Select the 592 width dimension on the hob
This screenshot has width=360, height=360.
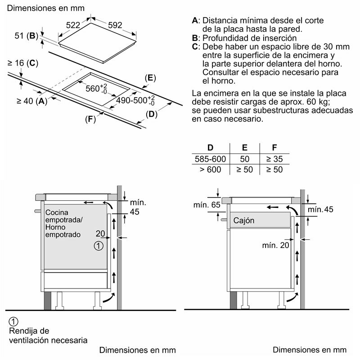click(x=115, y=25)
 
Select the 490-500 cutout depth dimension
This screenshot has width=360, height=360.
click(x=135, y=100)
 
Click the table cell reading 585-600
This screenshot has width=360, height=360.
click(x=210, y=159)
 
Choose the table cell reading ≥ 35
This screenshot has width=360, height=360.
click(x=274, y=159)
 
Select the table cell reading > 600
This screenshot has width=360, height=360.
click(x=210, y=170)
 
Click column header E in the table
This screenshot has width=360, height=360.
click(x=245, y=148)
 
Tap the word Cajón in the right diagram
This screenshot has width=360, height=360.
click(x=244, y=221)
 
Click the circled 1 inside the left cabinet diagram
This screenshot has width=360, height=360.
click(x=99, y=245)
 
